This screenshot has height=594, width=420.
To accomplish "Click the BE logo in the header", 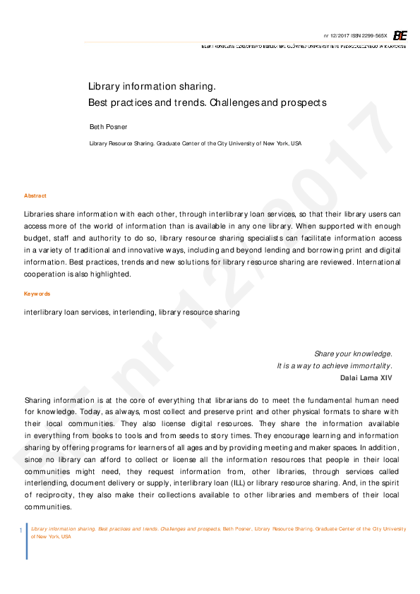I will (x=400, y=35).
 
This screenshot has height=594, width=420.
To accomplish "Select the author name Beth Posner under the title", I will (x=108, y=126).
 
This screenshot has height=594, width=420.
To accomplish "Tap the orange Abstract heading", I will (x=35, y=195).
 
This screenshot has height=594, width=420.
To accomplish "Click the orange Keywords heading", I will (x=37, y=293).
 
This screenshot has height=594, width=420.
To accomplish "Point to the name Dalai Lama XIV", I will (x=366, y=377).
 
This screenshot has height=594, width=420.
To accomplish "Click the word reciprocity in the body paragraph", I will (x=57, y=495).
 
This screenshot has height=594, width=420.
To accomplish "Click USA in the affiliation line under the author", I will (x=296, y=143).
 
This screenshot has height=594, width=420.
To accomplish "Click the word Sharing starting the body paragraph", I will (x=38, y=400).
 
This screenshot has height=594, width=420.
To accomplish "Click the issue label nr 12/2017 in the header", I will (x=336, y=35).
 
